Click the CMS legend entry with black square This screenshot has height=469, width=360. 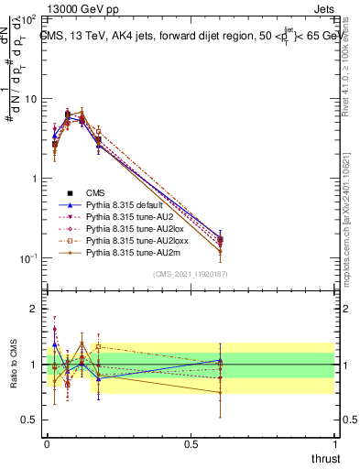[x=96, y=192]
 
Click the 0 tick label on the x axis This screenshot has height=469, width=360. [x=48, y=442]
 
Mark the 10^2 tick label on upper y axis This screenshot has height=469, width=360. [x=27, y=19]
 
